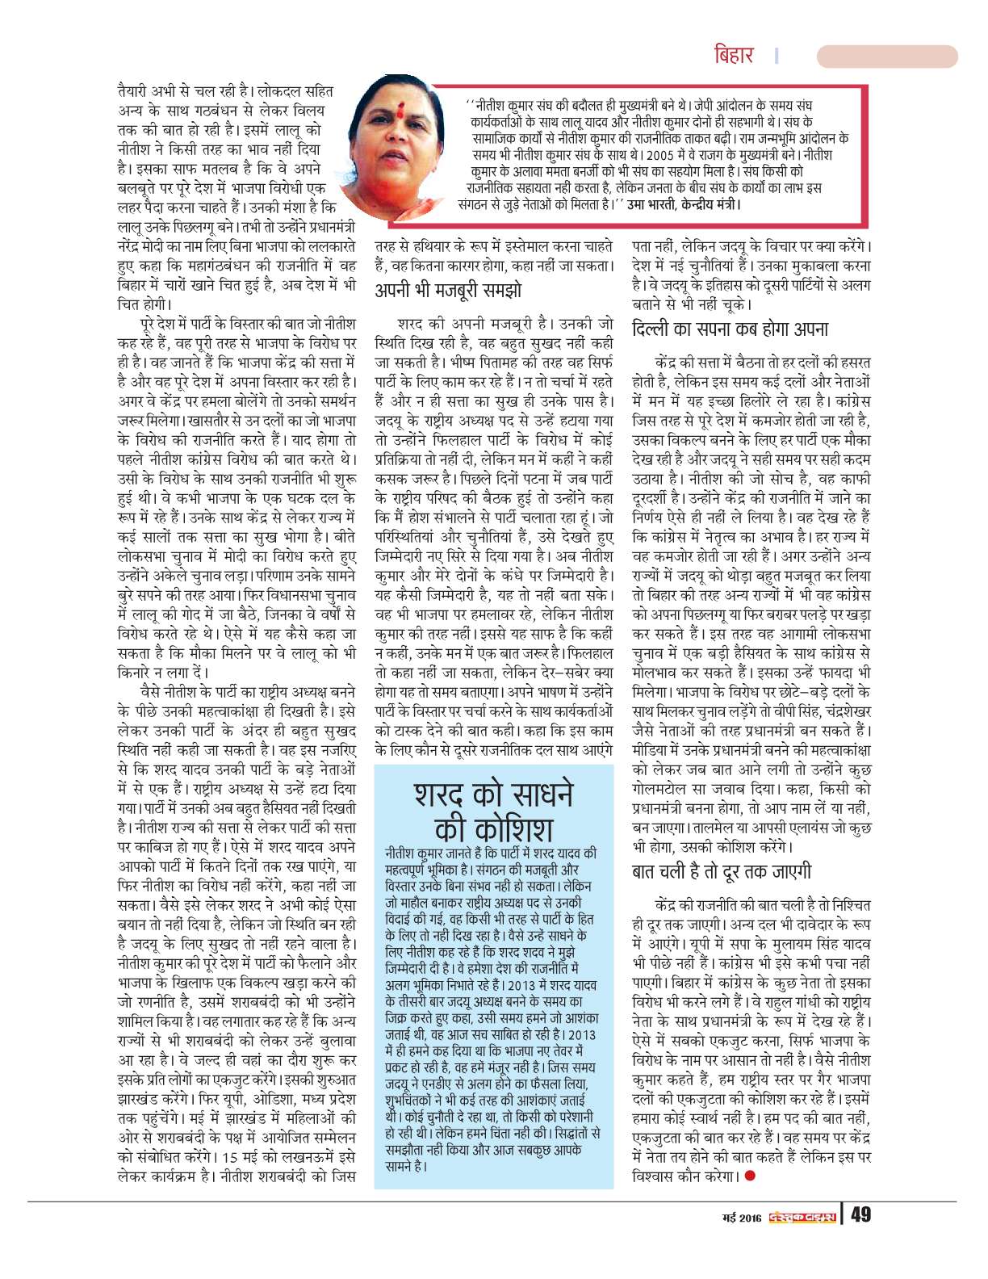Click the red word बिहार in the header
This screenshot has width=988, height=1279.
[x=734, y=56]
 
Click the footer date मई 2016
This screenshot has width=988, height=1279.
[x=742, y=1217]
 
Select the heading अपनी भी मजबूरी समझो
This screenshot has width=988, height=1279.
[x=448, y=290]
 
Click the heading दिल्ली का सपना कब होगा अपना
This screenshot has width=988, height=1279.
[x=730, y=329]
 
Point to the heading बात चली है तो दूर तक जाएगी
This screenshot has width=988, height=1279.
[x=722, y=872]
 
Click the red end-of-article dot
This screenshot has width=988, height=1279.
[x=750, y=1176]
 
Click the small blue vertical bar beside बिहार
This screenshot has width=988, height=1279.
[x=776, y=56]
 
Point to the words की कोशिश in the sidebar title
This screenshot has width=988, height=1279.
[x=493, y=829]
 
